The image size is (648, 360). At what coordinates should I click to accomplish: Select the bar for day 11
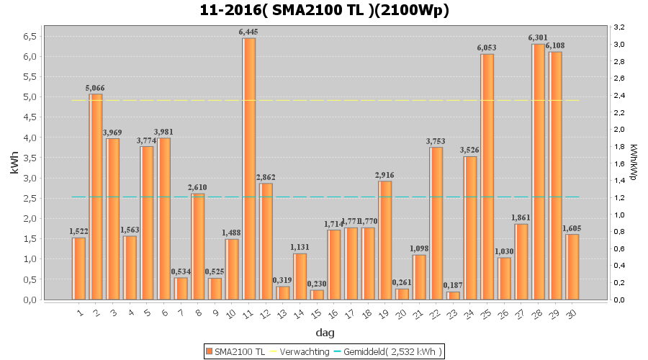tap(248, 168)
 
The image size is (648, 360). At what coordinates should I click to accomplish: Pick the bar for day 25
tap(487, 176)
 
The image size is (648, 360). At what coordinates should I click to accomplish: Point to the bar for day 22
tap(436, 223)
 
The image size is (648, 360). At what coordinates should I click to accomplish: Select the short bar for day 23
tap(453, 295)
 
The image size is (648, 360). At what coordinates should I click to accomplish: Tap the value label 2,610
tap(198, 187)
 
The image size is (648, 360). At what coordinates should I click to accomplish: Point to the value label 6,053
tap(487, 48)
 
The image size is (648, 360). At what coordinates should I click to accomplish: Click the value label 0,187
tap(453, 285)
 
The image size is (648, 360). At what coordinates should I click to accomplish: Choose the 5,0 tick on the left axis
tap(31, 96)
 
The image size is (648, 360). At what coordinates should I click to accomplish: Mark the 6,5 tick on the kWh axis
tap(31, 36)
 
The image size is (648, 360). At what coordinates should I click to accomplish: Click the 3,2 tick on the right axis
tap(618, 27)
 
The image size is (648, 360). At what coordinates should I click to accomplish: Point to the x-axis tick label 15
tap(316, 313)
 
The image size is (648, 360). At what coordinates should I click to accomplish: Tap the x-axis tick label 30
tap(571, 313)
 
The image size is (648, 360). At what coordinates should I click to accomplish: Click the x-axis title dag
tap(325, 333)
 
